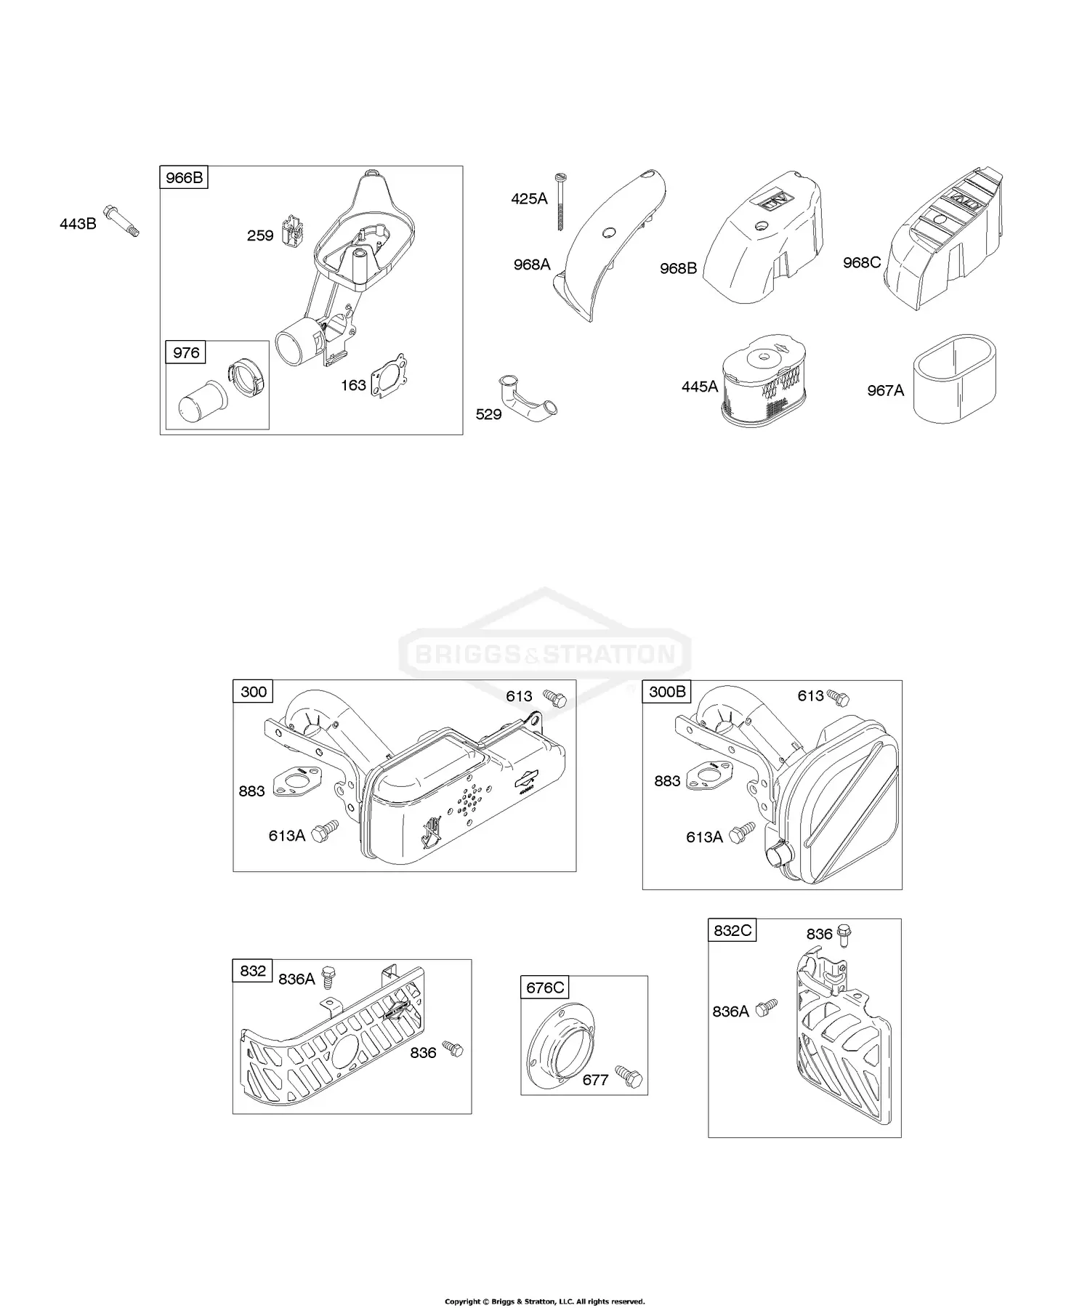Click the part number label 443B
coord(78,224)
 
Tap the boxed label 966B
coord(184,178)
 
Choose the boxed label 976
coord(186,352)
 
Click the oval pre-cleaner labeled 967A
coord(954,379)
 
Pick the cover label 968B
coord(678,268)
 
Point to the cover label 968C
coord(862,262)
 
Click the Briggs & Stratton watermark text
coord(545,655)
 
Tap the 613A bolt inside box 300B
coord(743,833)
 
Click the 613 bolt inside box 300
coord(554,698)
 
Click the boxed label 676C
coord(545,988)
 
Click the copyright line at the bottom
coord(544,1280)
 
